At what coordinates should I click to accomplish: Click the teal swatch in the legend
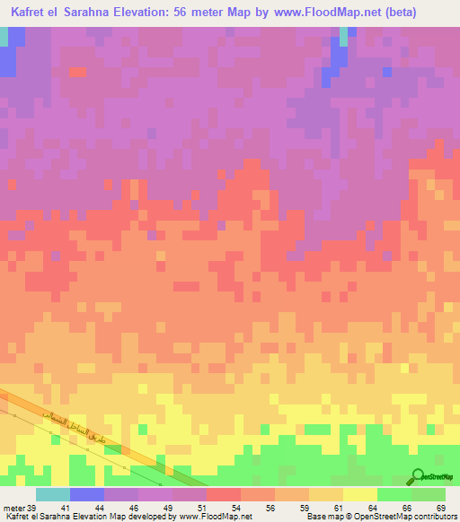coord(53,494)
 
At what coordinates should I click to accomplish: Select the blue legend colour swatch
coord(87,494)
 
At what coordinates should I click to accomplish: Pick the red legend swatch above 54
coord(224,494)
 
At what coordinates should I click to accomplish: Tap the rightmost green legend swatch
coord(429,494)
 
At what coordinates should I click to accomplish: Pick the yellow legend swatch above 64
coord(360,494)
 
